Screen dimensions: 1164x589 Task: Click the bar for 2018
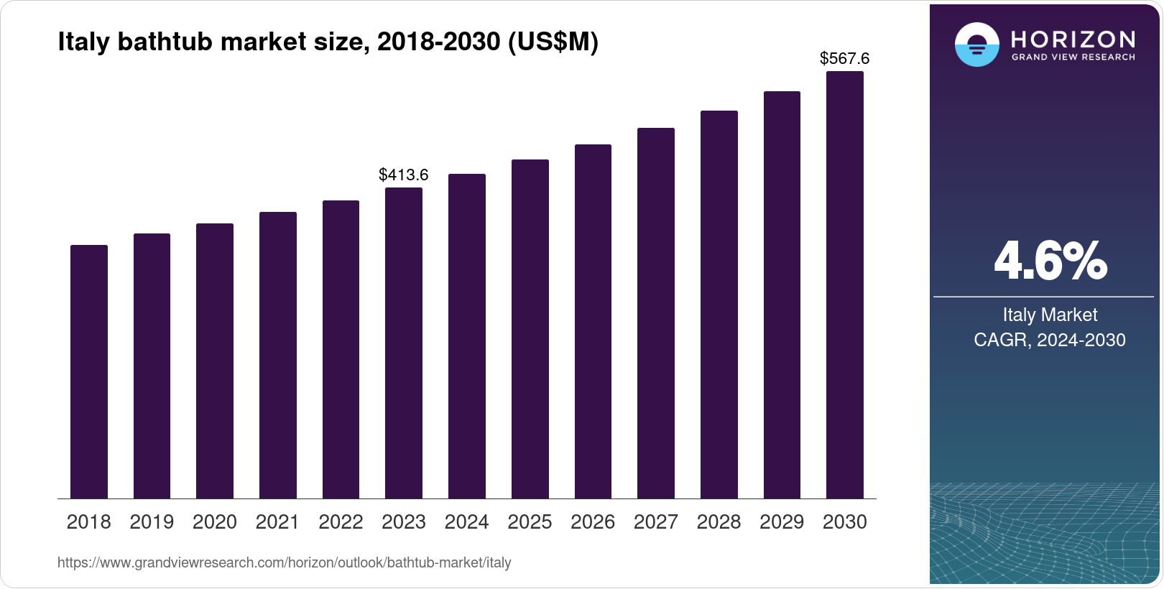click(89, 372)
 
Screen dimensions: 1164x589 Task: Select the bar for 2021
click(278, 356)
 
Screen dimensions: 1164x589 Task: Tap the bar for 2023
click(404, 343)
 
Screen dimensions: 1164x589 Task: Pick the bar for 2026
click(593, 322)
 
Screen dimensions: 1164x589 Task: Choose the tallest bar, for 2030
click(845, 285)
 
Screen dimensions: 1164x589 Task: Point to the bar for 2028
click(719, 305)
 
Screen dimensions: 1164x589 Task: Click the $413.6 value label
click(404, 175)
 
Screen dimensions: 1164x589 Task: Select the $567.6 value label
click(845, 58)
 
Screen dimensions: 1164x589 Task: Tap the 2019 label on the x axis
click(152, 522)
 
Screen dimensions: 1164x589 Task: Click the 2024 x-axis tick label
click(466, 522)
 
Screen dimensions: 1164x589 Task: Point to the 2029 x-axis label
click(782, 522)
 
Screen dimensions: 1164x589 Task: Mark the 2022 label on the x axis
click(341, 522)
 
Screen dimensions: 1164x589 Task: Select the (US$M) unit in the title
click(553, 42)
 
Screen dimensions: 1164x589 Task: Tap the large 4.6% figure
click(1050, 261)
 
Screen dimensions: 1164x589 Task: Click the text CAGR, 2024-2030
click(1050, 340)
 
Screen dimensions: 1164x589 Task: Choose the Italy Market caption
click(1050, 315)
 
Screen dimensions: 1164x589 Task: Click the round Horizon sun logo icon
click(977, 44)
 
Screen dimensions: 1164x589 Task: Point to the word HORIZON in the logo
click(1073, 40)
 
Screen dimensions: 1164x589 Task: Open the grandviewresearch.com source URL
click(285, 562)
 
